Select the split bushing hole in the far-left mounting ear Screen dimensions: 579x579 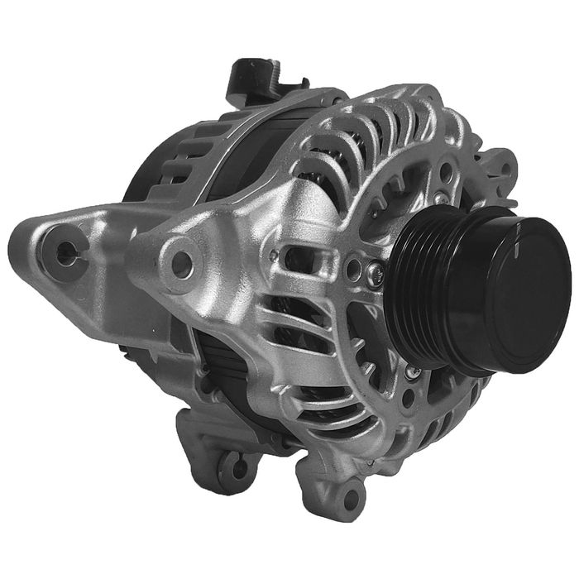[65, 253]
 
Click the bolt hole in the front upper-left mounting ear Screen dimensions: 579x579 [180, 262]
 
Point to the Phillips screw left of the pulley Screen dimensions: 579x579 [376, 268]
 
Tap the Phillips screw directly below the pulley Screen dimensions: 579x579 [411, 374]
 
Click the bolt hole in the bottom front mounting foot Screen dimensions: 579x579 [352, 496]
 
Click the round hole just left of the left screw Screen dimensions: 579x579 [354, 266]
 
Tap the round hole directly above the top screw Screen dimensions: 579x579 [446, 174]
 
